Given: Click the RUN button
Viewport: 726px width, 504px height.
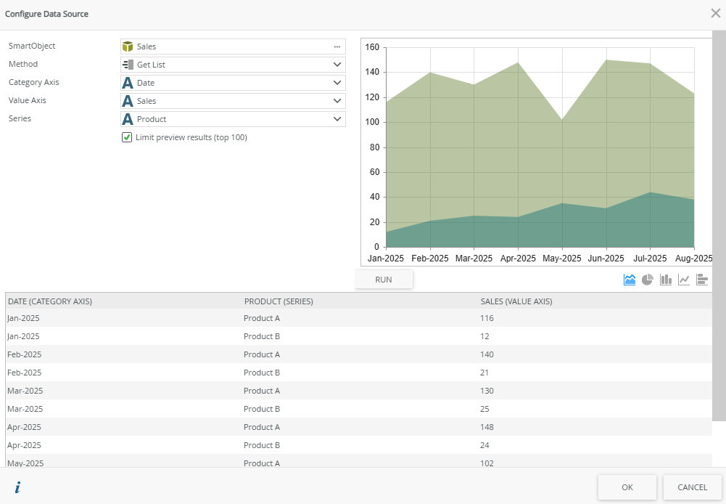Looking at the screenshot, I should coord(384,280).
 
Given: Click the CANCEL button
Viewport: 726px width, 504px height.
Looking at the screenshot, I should coord(692,487).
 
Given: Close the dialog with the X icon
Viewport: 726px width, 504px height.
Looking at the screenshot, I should coord(715,13).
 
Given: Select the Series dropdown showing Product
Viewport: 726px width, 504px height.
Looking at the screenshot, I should coord(233,119).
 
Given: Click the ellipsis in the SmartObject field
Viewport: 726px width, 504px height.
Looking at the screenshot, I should coord(337,46).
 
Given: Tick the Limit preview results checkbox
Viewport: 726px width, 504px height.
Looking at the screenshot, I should coord(127,137).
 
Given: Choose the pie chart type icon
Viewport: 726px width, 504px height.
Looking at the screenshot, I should coord(648,280).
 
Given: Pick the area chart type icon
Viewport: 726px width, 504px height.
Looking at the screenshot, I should coord(630,280).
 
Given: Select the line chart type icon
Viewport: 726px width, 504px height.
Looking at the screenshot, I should coord(684,280).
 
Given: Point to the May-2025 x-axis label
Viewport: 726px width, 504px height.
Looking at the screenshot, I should coord(562,259).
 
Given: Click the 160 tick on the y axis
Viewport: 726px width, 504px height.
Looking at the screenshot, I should coord(372,47).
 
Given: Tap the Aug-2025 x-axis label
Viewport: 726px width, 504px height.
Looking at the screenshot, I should coord(694,259).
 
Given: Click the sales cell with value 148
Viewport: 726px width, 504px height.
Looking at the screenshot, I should coord(487,427).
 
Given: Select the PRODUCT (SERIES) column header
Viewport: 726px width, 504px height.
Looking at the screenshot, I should coord(279,301).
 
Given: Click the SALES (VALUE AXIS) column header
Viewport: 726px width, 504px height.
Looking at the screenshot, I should coord(516,301).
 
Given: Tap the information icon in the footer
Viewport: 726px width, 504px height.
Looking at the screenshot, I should coord(17,487).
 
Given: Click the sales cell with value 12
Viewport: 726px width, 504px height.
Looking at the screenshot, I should coord(484,336).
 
